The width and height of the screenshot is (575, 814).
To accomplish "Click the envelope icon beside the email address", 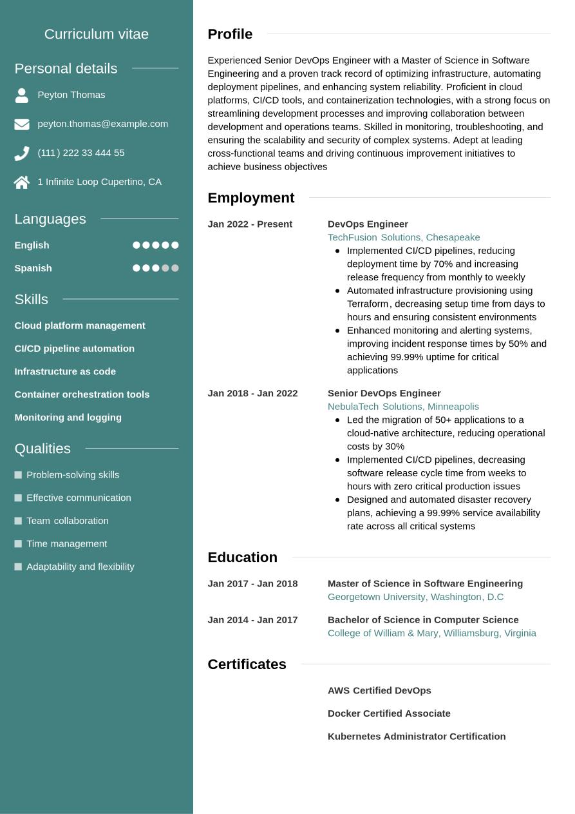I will click(22, 124).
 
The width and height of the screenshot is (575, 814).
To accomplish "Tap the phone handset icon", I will click(22, 153).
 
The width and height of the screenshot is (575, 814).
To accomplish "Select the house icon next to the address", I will click(22, 182).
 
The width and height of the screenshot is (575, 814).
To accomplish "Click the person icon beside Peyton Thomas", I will click(22, 95).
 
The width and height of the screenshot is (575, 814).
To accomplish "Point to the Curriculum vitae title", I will click(97, 34).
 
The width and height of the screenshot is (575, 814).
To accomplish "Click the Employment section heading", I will click(250, 198).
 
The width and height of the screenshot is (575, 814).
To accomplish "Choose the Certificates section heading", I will click(247, 664).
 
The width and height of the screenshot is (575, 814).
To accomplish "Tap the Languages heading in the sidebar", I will click(50, 219).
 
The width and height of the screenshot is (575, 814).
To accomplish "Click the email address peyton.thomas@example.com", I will click(102, 124).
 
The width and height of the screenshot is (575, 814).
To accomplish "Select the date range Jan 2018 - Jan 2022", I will click(252, 393).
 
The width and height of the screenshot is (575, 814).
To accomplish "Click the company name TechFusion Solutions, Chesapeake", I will click(404, 237).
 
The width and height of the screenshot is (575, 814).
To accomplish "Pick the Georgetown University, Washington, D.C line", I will click(415, 597).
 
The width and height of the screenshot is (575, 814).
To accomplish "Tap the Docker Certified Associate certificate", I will click(389, 713).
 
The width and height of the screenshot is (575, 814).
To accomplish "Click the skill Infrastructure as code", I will click(65, 371).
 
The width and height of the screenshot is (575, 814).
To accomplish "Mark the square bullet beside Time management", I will click(18, 544).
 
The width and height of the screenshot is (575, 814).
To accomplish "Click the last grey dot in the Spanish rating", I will click(175, 268).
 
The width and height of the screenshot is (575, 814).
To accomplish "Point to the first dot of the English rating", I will click(136, 245).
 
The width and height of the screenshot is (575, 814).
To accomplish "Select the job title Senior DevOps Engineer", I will click(384, 393).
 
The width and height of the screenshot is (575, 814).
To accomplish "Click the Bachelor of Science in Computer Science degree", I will click(422, 620).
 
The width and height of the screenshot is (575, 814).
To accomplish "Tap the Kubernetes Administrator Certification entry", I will click(417, 736).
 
